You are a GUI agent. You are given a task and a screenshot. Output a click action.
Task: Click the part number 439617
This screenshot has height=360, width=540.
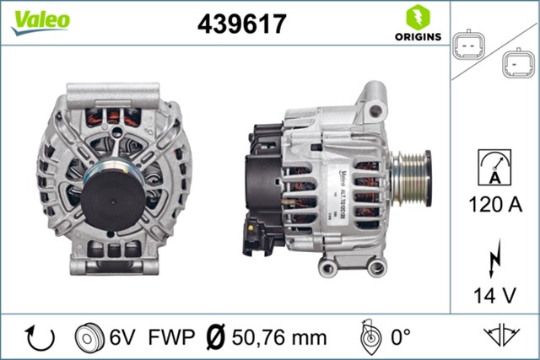click(x=242, y=24)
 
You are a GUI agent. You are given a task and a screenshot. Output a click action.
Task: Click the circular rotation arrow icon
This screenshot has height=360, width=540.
click(x=40, y=337)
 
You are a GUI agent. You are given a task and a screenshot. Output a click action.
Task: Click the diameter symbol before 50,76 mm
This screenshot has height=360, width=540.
click(x=215, y=337)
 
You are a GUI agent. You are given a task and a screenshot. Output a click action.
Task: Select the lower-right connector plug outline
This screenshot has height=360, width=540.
click(x=515, y=63)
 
